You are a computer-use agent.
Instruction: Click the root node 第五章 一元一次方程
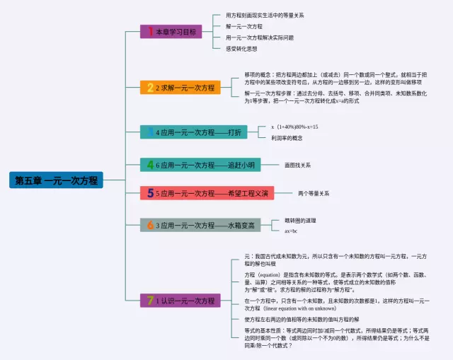point(56,180)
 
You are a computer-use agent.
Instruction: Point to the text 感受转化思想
point(241,48)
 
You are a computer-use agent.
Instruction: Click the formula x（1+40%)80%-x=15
point(294,127)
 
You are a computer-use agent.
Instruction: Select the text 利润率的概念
point(286,138)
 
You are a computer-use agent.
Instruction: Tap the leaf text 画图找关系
point(297,165)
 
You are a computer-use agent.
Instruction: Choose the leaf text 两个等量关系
point(313,193)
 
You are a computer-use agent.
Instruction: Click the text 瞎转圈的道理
point(300,221)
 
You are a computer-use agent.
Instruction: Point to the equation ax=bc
point(291,231)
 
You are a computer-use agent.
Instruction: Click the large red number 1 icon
point(150,31)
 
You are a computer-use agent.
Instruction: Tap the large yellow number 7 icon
point(149,301)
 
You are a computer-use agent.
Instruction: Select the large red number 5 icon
point(150,193)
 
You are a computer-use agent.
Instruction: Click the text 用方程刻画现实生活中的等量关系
point(264,15)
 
